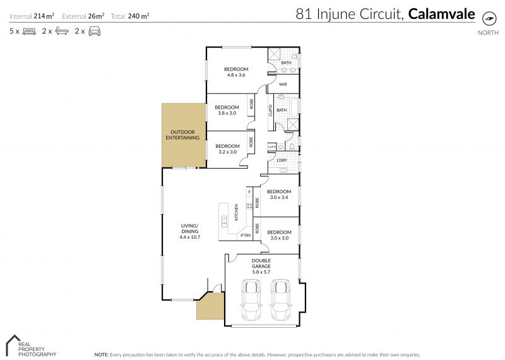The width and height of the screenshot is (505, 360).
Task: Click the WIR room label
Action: pos(283,85)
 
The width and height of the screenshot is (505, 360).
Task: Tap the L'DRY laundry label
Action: pos(282,160)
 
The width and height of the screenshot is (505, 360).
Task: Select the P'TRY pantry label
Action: pos(246,236)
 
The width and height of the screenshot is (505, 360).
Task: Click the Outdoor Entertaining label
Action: pos(182,135)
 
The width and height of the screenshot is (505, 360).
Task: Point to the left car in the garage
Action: pos(251,300)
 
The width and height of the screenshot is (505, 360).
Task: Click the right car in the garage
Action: pos(280,300)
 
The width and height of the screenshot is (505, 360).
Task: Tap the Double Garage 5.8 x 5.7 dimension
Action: pos(261,272)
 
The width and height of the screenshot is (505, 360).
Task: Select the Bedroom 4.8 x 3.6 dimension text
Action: pos(236,75)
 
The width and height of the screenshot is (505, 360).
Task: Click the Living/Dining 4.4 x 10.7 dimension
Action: pos(190,237)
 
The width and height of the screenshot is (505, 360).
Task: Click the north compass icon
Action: pos(489,18)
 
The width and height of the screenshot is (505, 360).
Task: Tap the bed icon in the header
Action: pos(29,31)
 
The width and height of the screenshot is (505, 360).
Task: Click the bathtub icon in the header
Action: pos(62,31)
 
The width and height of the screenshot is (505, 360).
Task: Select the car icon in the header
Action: pos(94,31)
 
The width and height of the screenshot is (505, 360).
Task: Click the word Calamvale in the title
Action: pos(441,14)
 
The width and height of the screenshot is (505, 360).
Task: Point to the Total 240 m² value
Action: pos(138,16)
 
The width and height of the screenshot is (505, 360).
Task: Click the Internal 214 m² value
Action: pos(44,16)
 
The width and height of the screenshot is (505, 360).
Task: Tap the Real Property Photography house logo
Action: pos(13,345)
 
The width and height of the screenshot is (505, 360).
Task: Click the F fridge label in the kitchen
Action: pos(249,192)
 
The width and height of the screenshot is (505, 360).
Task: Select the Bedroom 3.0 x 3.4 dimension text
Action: pos(279,197)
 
